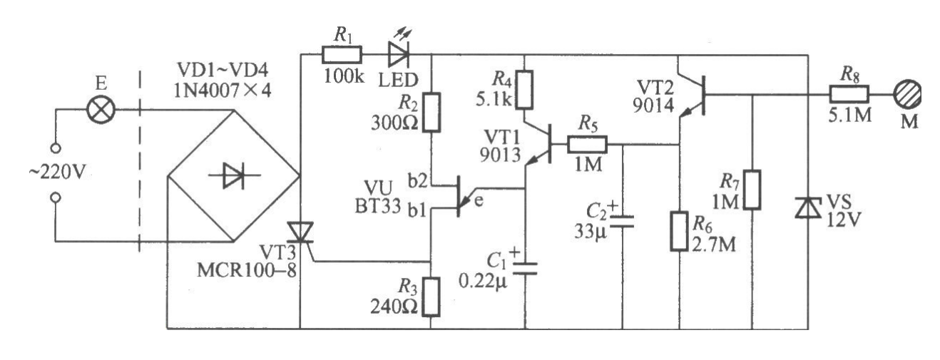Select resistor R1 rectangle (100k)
[x=342, y=54]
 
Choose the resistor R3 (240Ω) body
[x=431, y=295]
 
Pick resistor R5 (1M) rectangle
[x=587, y=145]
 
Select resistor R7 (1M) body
[x=753, y=190]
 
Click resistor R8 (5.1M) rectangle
[x=849, y=93]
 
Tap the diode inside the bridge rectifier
[x=232, y=175]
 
